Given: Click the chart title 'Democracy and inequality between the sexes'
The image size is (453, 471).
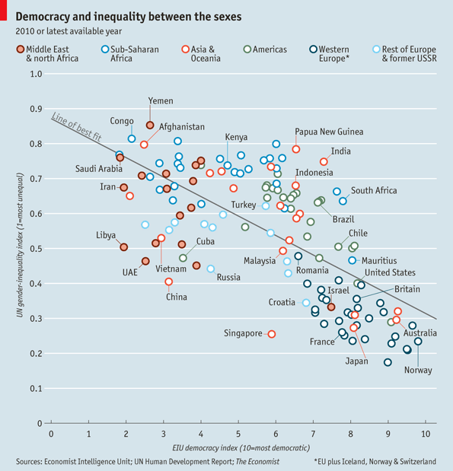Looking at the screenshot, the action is coord(129,17).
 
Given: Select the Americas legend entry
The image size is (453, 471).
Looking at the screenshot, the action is coord(266,49).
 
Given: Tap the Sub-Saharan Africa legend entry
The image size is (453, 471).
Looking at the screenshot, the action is coord(130,53).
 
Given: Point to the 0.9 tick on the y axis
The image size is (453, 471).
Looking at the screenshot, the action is coord(36,109).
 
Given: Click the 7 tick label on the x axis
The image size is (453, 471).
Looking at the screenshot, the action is coord(313,434).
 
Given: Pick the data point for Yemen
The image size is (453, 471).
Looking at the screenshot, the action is coord(150,126).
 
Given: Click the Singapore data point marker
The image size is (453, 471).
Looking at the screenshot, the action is coord(272,334).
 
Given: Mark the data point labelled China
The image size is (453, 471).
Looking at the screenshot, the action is coord(168,282).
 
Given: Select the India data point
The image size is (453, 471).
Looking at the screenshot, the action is coord(324,162).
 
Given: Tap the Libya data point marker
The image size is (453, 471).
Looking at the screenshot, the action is coord(123,247).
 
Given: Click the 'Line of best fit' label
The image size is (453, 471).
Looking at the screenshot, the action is coord(76,127).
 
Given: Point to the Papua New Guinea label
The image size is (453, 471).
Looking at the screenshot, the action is coord(329,132).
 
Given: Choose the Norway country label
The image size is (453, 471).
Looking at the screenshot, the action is coord(418,370).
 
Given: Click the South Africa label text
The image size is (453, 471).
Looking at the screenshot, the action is coord(374,190).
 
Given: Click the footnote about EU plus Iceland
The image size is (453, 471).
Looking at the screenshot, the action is coord(375,461).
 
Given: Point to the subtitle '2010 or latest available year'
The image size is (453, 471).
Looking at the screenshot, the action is coord(69,31).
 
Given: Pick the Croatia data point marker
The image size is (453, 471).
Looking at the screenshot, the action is coord(306,303).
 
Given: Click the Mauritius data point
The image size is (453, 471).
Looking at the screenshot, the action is coord(353,260).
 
